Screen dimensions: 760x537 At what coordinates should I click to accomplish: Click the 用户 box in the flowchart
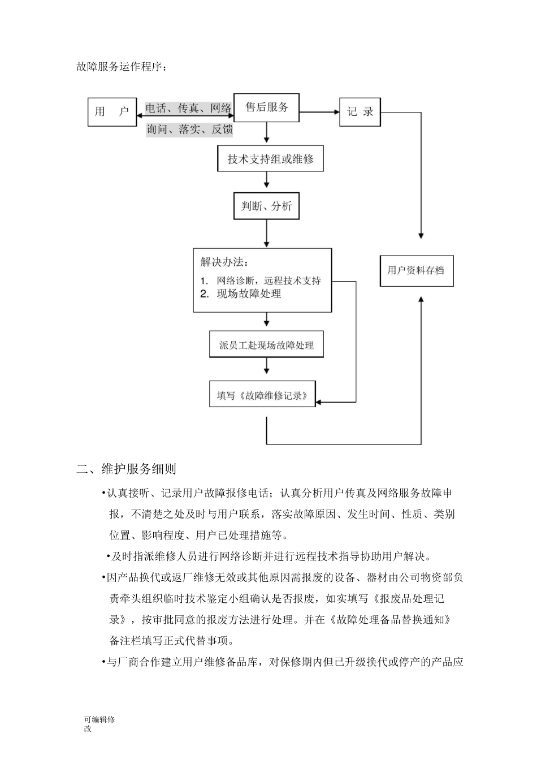pos(111,112)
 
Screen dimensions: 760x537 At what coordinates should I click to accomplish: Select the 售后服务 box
pos(266,107)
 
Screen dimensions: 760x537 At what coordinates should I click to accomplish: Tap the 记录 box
pos(360,112)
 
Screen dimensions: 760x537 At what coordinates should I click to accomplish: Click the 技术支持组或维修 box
pos(270,159)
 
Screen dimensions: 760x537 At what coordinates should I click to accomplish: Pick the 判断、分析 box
pos(266,206)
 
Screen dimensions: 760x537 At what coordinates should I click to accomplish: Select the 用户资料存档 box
pos(416,271)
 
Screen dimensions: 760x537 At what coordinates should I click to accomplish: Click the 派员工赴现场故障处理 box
pos(266,345)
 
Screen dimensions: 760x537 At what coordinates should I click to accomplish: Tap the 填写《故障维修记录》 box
pos(262,395)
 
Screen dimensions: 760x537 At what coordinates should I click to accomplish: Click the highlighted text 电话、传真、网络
pos(189,108)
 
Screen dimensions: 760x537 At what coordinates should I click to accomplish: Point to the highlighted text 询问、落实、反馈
pos(189,129)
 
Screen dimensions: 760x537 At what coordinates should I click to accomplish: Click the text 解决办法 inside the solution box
pos(224,262)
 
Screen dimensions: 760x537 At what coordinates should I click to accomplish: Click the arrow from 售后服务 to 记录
pos(319,112)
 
